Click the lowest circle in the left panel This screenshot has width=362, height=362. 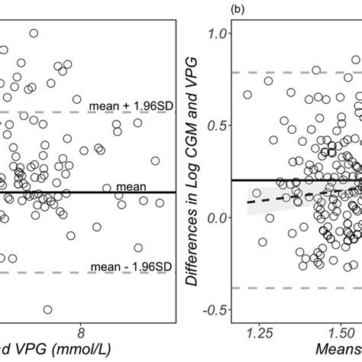coord(47,309)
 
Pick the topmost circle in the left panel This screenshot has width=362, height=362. coord(34,33)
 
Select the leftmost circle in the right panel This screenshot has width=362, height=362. coord(247,95)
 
